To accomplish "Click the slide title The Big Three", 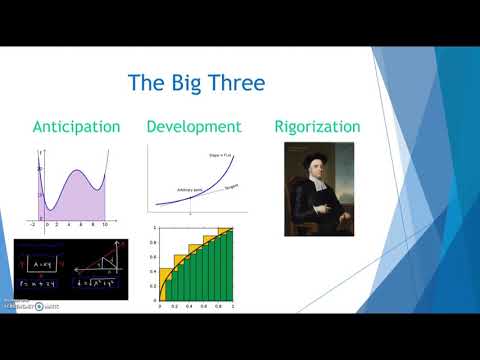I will (196, 82).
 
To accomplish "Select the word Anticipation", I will (76, 127).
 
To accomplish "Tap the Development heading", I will (193, 127).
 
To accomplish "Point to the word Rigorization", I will (318, 127).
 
